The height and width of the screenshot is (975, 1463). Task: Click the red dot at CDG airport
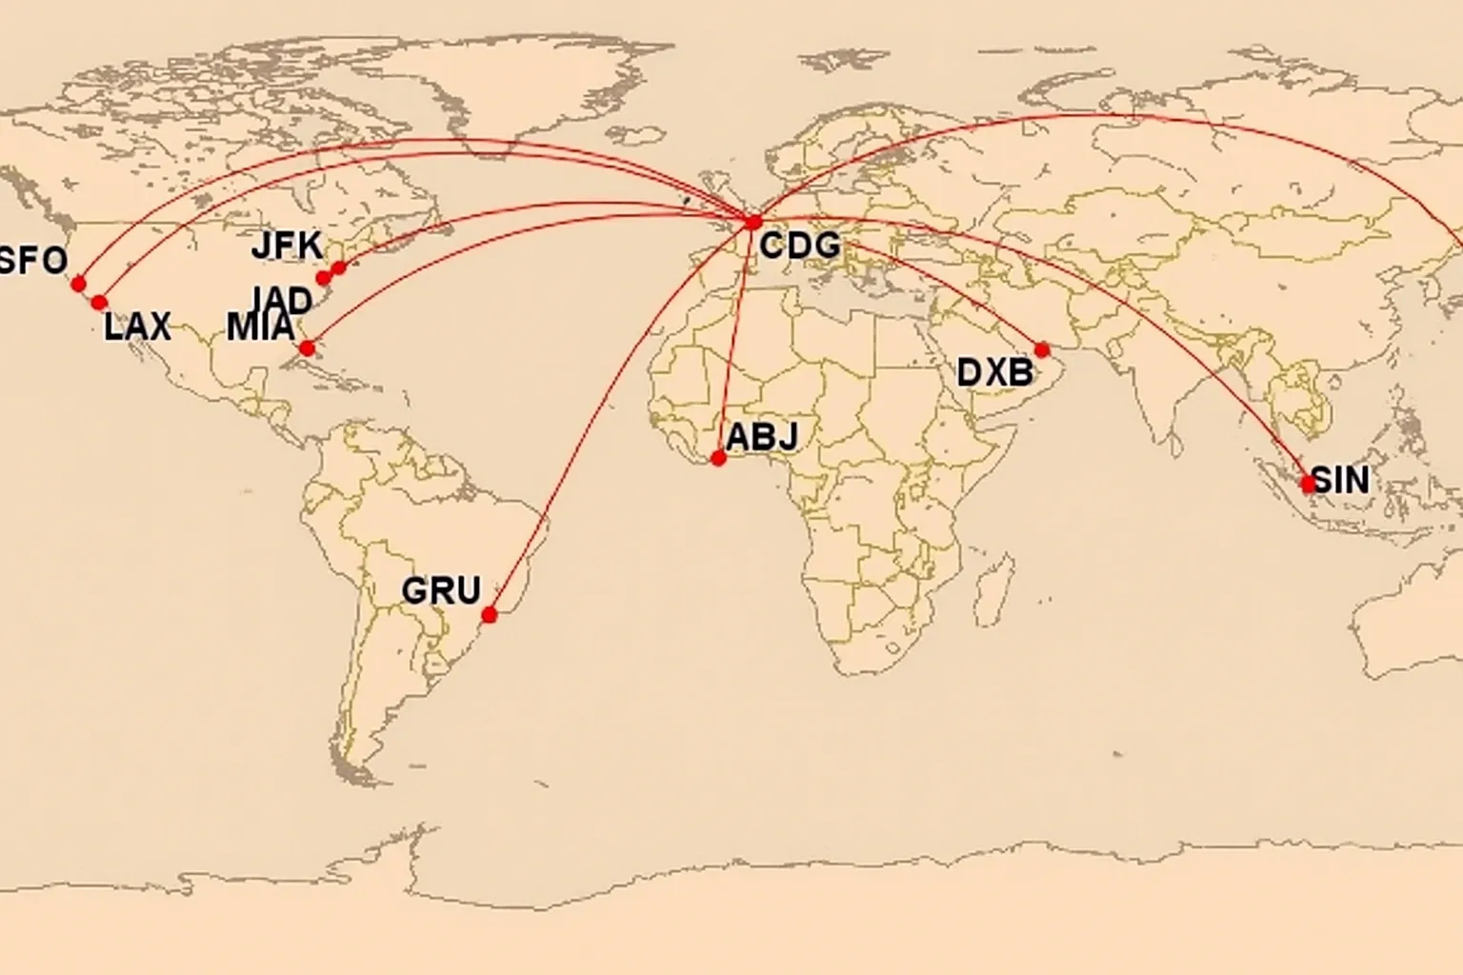[753, 223]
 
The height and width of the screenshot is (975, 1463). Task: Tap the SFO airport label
[33, 260]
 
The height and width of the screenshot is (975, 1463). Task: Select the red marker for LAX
[99, 302]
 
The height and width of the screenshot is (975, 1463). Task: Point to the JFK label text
[287, 246]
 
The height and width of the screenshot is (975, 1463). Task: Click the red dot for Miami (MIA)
[307, 348]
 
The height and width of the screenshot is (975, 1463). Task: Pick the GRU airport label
[441, 590]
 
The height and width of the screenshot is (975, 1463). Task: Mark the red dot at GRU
[490, 615]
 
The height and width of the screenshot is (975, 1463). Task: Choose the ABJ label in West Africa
[761, 437]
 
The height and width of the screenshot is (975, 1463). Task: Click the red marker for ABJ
[719, 458]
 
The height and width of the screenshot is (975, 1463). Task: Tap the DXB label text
[994, 372]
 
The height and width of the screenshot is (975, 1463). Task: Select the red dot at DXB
[1042, 349]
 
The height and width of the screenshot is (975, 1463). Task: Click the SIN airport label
[1340, 480]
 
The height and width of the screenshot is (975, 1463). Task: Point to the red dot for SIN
[1309, 484]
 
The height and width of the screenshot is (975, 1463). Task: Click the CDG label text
[800, 247]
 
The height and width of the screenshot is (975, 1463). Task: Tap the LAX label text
[137, 327]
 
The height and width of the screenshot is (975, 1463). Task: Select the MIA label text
[260, 328]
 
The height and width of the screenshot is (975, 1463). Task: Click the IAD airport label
[283, 300]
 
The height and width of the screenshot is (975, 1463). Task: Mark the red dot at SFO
[78, 284]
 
